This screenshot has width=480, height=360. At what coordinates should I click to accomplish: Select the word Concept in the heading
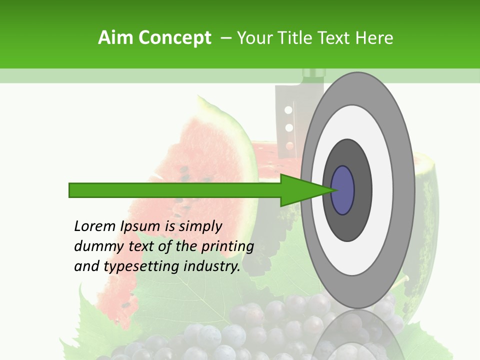pyautogui.click(x=175, y=38)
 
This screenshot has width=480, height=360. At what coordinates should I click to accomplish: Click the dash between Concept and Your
pyautogui.click(x=225, y=38)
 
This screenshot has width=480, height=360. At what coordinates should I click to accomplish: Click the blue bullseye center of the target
pyautogui.click(x=343, y=190)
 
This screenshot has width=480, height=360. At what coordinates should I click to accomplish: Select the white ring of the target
pyautogui.click(x=382, y=190)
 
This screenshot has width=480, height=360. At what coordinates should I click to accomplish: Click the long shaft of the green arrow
pyautogui.click(x=175, y=190)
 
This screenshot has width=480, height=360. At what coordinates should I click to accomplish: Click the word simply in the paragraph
pyautogui.click(x=200, y=227)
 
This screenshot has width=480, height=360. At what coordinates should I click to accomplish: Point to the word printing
pyautogui.click(x=227, y=246)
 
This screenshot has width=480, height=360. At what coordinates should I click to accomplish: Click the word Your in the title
pyautogui.click(x=253, y=38)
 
